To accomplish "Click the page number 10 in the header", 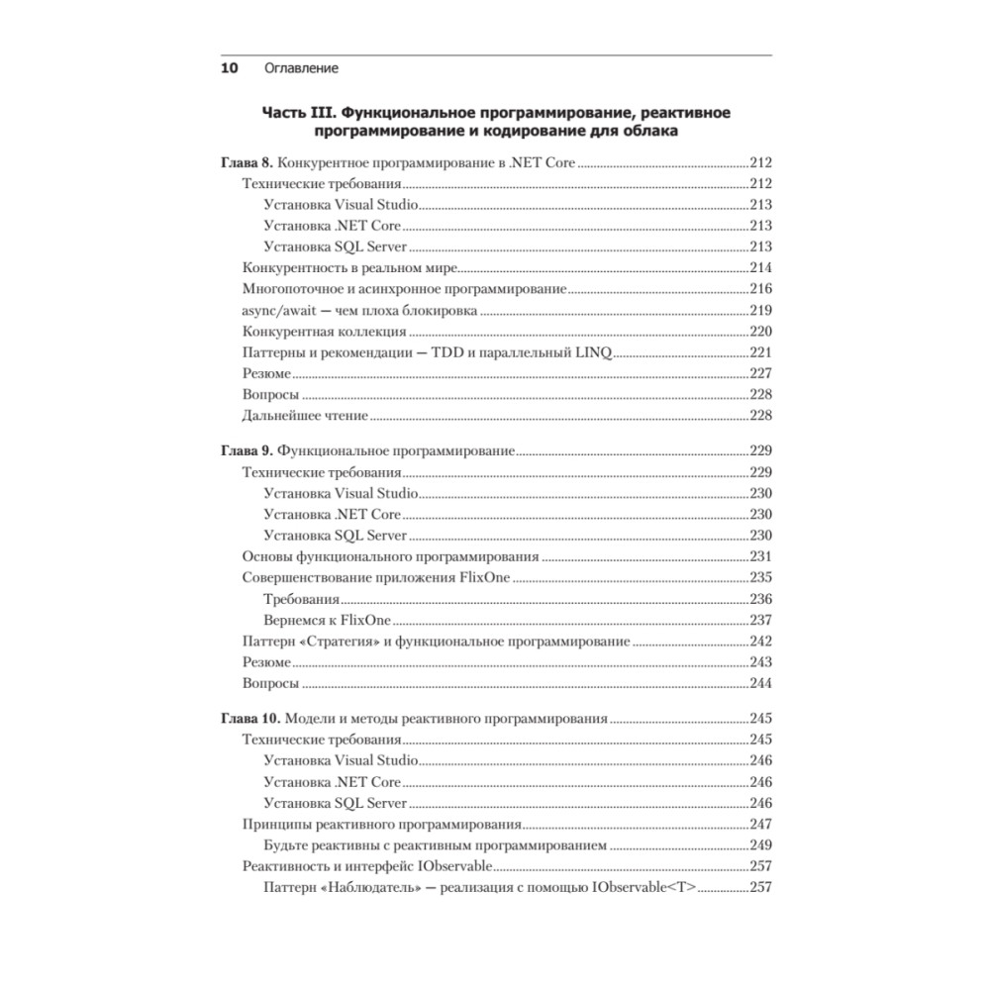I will click(228, 68).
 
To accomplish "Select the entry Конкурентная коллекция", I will click(324, 332).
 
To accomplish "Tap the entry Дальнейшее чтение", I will click(305, 416).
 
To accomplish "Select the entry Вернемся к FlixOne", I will click(328, 620).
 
